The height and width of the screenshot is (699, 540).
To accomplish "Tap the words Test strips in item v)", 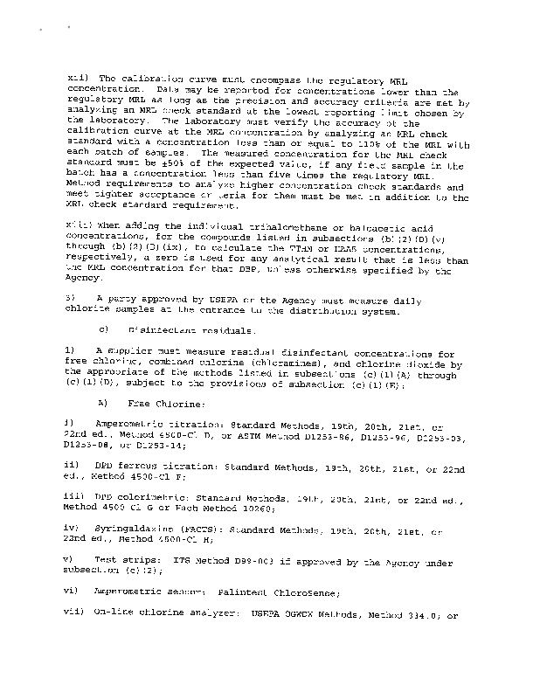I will pyautogui.click(x=119, y=563).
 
